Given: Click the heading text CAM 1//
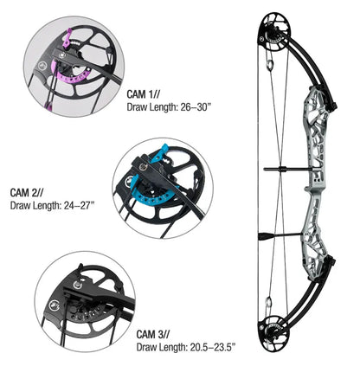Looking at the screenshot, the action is point(144,94).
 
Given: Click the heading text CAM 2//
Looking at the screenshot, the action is point(27,192).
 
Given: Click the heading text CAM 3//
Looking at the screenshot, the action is point(153,334).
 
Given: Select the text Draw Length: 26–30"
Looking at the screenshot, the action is point(170,107).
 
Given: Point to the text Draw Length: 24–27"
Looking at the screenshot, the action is point(53,206).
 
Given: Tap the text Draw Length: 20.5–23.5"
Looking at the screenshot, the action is point(186,347).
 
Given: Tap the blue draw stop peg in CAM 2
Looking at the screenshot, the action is point(158,152).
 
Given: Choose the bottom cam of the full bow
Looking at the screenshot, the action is point(273,331).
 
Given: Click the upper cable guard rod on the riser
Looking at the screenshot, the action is point(286,169).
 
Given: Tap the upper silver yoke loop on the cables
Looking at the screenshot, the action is point(270,65).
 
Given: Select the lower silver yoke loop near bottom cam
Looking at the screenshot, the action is point(268,303).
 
